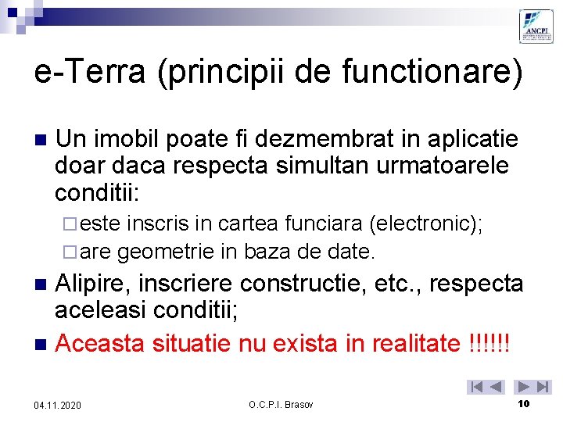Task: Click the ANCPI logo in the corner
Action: tap(536, 27)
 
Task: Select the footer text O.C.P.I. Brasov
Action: tap(281, 405)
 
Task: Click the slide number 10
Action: tap(524, 404)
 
